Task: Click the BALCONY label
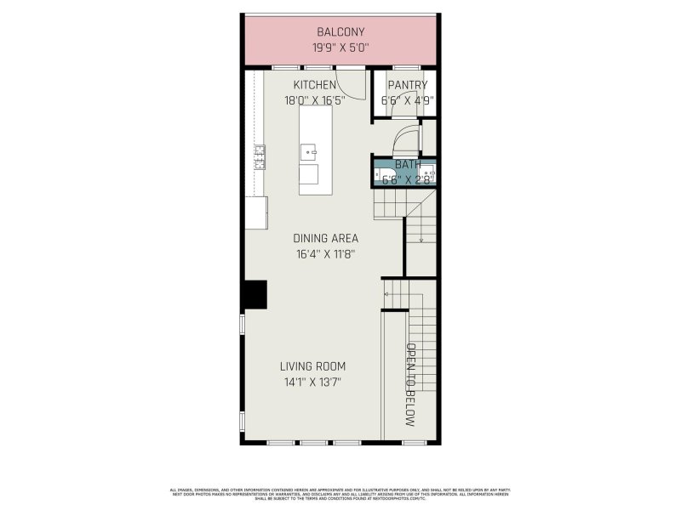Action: pos(340,32)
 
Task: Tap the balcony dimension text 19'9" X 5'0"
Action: pos(340,48)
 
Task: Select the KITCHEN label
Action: pos(314,85)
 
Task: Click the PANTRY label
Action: pos(407,85)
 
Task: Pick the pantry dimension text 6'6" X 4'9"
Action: pos(408,100)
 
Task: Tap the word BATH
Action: pos(407,163)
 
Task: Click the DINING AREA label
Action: pos(325,238)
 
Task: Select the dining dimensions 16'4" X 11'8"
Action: pos(325,253)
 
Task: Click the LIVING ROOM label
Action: pos(313,366)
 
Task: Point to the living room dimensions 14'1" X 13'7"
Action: pos(313,382)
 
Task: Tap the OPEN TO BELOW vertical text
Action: pos(410,385)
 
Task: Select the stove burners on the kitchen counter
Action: pos(259,156)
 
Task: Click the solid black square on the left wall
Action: pos(255,295)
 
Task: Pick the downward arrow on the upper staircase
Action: pos(421,240)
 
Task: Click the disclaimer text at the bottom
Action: pos(340,493)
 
